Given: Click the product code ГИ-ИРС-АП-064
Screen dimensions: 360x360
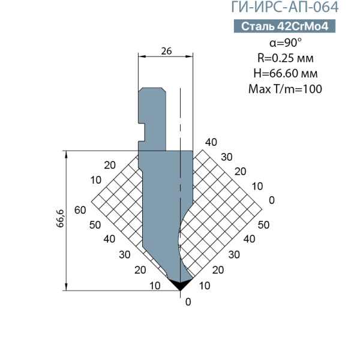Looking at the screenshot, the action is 284,7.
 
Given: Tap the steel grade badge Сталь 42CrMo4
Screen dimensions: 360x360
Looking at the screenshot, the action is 284,26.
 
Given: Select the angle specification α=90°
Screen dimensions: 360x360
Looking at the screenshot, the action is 286,43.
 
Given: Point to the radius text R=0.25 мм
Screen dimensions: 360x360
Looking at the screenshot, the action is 286,58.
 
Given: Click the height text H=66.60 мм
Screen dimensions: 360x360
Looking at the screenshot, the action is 286,73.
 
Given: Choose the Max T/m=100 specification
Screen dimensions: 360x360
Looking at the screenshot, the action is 285,89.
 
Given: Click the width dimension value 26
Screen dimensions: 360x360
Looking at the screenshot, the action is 166,51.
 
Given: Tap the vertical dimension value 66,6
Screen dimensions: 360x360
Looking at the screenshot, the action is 60,218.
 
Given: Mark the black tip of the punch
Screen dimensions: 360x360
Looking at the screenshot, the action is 180,284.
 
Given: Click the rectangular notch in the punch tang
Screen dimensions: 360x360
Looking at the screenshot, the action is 142,133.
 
